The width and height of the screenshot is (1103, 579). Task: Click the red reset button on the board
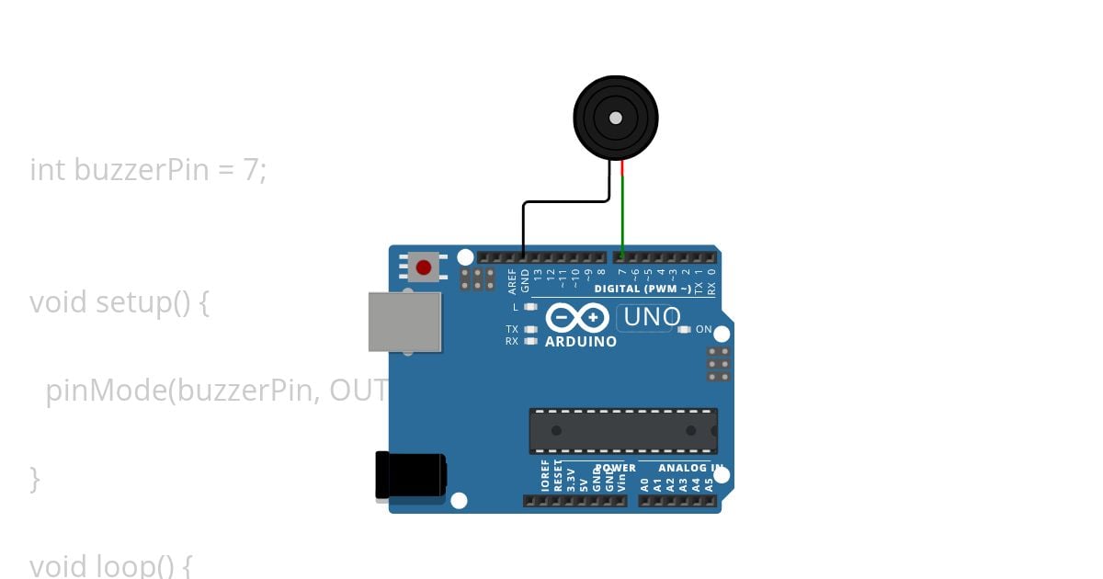(423, 267)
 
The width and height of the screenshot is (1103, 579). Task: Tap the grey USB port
(404, 322)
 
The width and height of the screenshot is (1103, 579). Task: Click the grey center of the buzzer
(616, 118)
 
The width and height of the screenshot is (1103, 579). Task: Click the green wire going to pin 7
(622, 216)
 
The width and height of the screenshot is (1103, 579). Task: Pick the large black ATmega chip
(623, 431)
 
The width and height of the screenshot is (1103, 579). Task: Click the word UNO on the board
(652, 318)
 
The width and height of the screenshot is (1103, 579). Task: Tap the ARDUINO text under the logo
(581, 342)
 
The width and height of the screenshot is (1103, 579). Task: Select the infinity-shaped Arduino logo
(576, 318)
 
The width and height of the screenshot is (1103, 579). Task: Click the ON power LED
(683, 329)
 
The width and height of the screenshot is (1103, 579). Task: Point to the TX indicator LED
(530, 329)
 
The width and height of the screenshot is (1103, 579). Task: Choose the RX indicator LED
(530, 341)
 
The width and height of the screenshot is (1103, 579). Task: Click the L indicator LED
(530, 307)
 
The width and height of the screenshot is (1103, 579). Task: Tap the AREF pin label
(513, 280)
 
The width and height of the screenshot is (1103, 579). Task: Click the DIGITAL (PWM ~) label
(642, 289)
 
